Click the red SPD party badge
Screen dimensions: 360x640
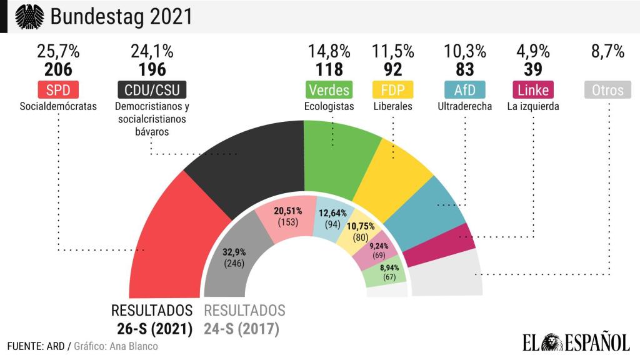[58, 90]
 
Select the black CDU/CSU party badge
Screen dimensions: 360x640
[152, 90]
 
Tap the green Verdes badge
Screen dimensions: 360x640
[329, 90]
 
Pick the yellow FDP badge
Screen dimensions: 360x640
[392, 90]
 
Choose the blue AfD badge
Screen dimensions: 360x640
[464, 90]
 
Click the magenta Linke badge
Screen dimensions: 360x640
[533, 90]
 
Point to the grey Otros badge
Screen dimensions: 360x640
[607, 90]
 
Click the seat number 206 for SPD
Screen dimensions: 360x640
[58, 69]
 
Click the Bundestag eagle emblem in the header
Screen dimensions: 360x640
[27, 17]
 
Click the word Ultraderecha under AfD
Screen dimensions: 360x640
[464, 106]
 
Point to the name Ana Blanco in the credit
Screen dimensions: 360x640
[135, 346]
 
